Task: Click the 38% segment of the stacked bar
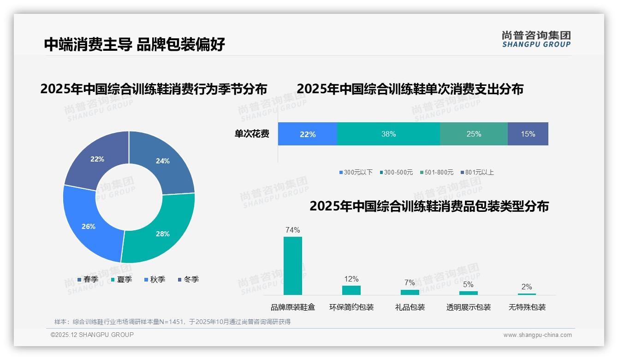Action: (388, 134)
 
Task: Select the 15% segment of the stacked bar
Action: (528, 134)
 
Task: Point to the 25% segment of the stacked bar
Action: (473, 134)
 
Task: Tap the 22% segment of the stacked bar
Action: (308, 134)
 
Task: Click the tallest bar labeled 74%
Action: (292, 265)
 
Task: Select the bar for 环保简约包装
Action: (351, 290)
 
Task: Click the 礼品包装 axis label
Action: (410, 307)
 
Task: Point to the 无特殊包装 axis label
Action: (527, 307)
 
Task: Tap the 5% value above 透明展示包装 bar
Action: (468, 284)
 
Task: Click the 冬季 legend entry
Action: (188, 279)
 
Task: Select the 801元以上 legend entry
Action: (477, 172)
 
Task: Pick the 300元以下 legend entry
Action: (356, 172)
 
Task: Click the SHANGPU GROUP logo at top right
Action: (536, 39)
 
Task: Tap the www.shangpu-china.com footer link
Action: (537, 335)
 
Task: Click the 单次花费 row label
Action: (252, 134)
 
